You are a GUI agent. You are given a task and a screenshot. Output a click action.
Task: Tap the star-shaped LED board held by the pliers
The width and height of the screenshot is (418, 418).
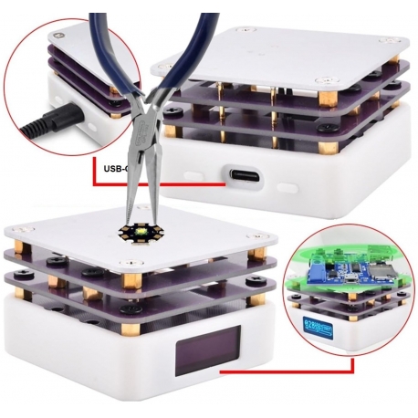[139, 236]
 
